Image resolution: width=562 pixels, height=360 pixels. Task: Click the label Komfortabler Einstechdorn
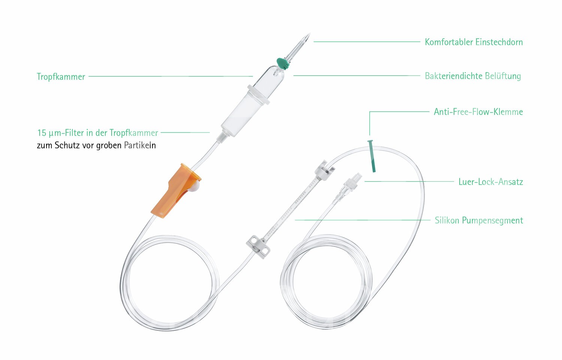[474, 42]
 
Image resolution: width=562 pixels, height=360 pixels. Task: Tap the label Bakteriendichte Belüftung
[472, 76]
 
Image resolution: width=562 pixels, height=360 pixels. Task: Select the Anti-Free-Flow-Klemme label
[478, 112]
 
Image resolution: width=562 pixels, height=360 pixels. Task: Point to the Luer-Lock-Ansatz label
[490, 182]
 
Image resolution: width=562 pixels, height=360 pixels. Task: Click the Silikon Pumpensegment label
[478, 220]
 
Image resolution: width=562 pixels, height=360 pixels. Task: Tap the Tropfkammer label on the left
[61, 77]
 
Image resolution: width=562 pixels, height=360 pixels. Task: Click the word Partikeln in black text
[140, 145]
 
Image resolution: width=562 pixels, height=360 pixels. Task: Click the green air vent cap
[282, 63]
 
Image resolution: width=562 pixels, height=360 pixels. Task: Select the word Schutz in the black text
[67, 145]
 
